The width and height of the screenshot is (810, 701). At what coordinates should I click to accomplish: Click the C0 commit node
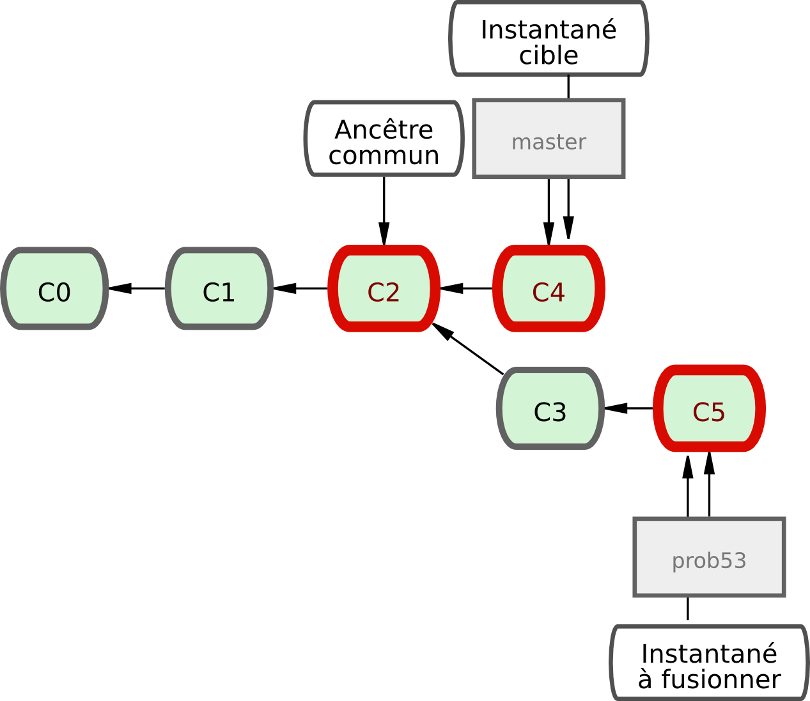pos(54,289)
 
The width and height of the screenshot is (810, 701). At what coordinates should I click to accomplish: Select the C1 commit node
pos(219,289)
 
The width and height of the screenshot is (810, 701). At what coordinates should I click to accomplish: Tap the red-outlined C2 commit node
pos(384,289)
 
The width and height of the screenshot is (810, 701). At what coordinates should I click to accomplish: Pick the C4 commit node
pos(549,289)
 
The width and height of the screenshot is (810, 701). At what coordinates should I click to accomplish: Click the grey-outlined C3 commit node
pos(550,408)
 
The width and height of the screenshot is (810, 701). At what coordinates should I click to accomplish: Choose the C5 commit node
pos(709,408)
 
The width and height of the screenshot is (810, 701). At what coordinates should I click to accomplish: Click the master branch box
pos(549,139)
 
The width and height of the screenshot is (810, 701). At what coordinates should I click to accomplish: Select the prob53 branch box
pos(709,557)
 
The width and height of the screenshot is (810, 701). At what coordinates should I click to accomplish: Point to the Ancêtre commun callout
pos(384,139)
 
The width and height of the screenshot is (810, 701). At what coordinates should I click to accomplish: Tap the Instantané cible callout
pos(549,40)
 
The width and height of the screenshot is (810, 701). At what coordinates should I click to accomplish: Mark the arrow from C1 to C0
pos(137,289)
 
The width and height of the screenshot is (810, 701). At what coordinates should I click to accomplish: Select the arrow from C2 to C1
pos(301,289)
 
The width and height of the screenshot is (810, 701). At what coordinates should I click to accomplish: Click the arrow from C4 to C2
pos(467,289)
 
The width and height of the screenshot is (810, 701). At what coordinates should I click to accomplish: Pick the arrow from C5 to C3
pos(628,408)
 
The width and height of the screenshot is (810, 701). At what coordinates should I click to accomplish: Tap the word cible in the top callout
pos(549,56)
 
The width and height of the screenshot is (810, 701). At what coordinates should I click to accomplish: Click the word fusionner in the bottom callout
pos(721,679)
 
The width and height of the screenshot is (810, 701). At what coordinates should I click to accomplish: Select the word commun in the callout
pos(384,155)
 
